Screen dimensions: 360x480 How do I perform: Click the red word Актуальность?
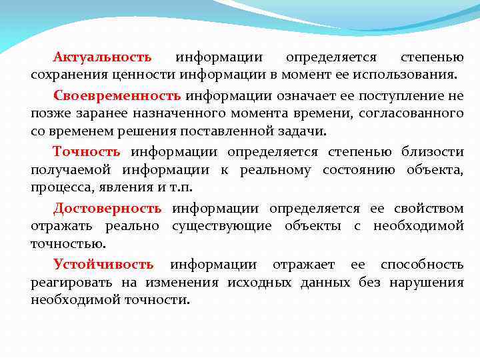pos(103,57)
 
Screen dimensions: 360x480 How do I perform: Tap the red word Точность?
pos(87,152)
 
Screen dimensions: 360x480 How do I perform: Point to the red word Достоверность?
pos(107,209)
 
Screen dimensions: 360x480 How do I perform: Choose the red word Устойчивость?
pos(103,265)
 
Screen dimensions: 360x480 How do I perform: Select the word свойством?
pos(431,209)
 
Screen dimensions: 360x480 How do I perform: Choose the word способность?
pos(422,265)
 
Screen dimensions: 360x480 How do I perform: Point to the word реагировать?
pos(69,283)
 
